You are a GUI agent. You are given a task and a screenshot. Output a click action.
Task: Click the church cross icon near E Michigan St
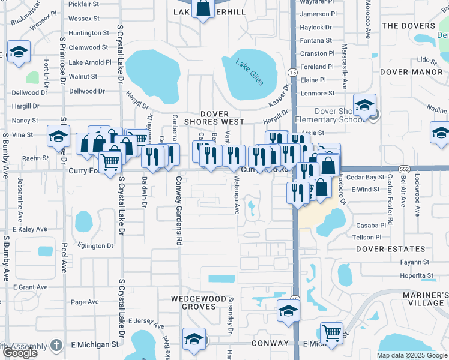[x=56, y=345]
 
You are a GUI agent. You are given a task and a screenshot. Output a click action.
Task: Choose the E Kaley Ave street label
[x=29, y=229]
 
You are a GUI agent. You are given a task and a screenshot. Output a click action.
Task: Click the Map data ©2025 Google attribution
[x=411, y=355]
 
